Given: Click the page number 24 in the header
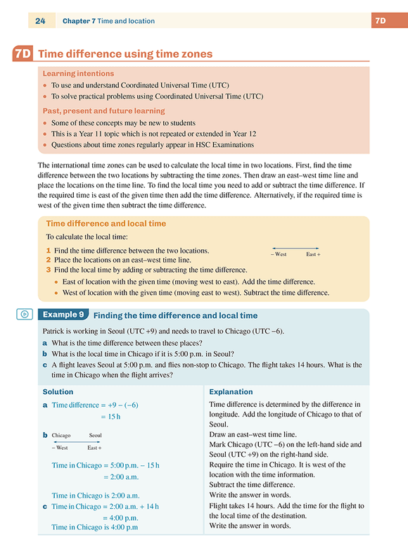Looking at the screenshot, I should pos(40,21).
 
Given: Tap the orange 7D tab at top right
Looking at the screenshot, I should pos(380,21).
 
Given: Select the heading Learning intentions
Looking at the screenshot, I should pos(78,73).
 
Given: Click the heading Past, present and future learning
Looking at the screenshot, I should pos(103,111).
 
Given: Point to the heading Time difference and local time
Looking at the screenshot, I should pos(106,224).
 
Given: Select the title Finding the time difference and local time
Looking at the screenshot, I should pos(175,315).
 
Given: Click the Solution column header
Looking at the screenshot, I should pos(58,391).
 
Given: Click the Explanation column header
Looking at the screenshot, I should pos(231,391).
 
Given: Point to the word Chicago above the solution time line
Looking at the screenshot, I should pos(61,436).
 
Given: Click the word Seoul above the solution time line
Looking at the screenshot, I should pos(95,436).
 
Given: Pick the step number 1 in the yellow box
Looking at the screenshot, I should pos(49,251).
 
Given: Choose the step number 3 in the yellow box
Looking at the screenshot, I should pos(49,270).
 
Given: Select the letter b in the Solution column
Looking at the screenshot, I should pos(45,435).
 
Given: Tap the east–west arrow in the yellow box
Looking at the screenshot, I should pos(295,248).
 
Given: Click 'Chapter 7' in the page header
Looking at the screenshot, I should pos(78,21).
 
